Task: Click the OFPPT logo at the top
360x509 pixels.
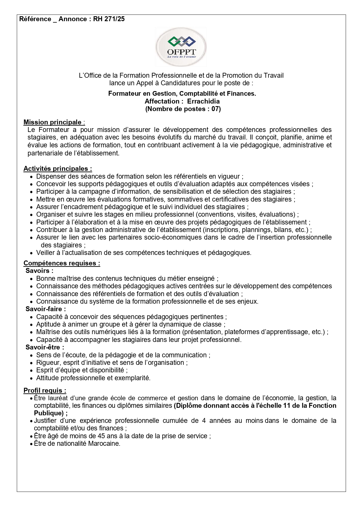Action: coord(181,47)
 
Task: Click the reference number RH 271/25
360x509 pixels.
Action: coord(109,19)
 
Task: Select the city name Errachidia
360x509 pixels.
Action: coord(203,101)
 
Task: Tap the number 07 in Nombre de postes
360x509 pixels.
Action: coord(215,109)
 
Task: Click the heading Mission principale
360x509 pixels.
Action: coord(53,122)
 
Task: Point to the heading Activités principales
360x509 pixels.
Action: coord(57,169)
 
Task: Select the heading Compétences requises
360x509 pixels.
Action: coord(61,263)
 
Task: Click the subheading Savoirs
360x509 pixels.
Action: coord(39,271)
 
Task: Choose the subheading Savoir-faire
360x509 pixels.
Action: coord(46,309)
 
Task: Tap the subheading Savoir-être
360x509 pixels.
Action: coord(45,347)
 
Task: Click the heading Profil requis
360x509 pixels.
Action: coord(45,390)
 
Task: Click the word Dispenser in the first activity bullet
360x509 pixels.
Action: coord(49,177)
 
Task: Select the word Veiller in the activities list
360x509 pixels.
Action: coord(46,253)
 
